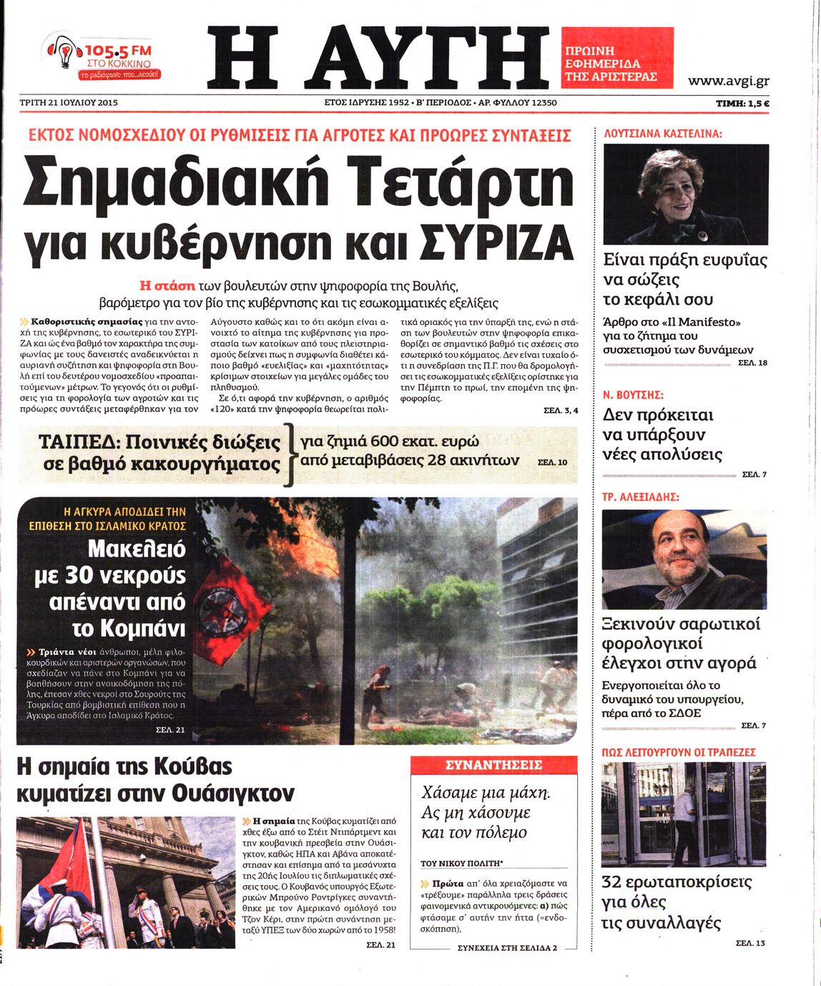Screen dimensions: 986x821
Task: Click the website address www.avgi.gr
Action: [x=728, y=81]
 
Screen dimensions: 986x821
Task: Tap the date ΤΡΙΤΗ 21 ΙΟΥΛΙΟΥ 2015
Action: [x=69, y=103]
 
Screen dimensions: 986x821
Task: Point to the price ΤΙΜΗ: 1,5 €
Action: [x=742, y=104]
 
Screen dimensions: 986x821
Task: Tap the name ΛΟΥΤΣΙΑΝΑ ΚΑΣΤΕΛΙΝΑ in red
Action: [x=663, y=133]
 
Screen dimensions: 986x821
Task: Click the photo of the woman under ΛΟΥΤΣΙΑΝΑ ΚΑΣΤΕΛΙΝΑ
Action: [x=686, y=194]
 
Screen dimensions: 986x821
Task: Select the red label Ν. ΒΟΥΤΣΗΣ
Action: [x=633, y=394]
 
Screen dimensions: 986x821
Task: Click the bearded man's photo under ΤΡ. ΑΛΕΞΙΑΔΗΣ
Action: [x=684, y=559]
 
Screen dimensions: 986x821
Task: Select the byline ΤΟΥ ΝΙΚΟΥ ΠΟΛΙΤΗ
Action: [x=462, y=864]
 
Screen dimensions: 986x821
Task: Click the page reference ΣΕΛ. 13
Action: [x=750, y=943]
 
